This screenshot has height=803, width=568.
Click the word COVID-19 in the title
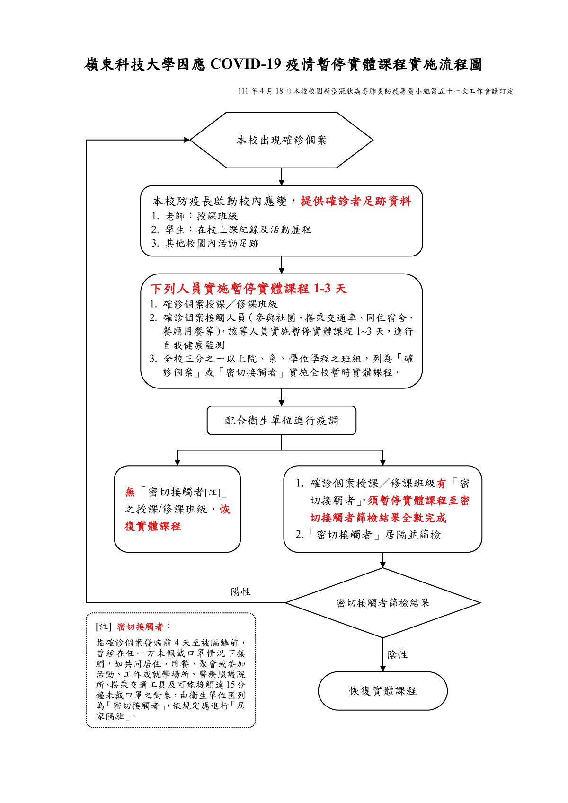click(246, 64)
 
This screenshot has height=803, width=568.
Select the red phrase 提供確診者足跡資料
click(356, 201)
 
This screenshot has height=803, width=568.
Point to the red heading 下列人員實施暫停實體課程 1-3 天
click(248, 289)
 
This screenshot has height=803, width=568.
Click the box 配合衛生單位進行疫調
click(282, 420)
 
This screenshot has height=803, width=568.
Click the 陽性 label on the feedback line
click(240, 592)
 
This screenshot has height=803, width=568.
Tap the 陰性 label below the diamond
click(397, 654)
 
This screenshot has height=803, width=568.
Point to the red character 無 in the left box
click(130, 492)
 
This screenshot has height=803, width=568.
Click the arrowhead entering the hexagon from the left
click(187, 140)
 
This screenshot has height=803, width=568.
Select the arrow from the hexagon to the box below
click(282, 176)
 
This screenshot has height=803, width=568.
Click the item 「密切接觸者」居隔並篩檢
click(368, 535)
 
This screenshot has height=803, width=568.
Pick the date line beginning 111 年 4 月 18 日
click(375, 91)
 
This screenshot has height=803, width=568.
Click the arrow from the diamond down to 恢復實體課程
click(383, 654)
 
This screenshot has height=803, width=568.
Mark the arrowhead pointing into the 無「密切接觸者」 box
click(177, 463)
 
